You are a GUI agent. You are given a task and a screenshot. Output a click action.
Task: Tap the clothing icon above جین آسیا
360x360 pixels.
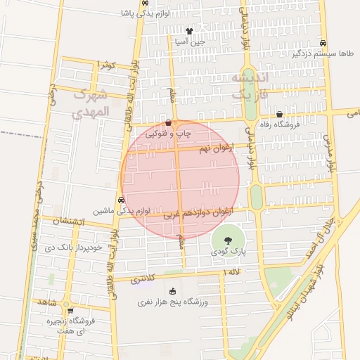(x=189, y=32)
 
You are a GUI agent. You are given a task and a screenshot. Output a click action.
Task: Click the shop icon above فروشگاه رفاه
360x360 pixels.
(x=280, y=114)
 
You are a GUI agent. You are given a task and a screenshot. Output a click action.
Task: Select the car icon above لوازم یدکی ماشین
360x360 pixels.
(x=122, y=200)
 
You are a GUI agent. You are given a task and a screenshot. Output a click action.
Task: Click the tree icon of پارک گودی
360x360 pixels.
(x=227, y=240)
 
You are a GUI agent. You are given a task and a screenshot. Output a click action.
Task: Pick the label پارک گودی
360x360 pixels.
(x=228, y=250)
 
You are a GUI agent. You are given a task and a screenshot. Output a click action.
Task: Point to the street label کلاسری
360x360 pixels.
(x=144, y=279)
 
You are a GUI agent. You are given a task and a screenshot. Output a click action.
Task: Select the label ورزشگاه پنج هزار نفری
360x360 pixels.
(x=172, y=302)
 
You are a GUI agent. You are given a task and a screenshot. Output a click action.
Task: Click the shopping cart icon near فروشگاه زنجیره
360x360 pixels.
(x=70, y=310)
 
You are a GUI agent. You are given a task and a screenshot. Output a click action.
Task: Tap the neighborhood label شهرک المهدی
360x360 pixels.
(x=92, y=102)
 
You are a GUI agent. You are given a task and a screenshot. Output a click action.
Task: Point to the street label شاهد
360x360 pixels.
(x=49, y=302)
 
